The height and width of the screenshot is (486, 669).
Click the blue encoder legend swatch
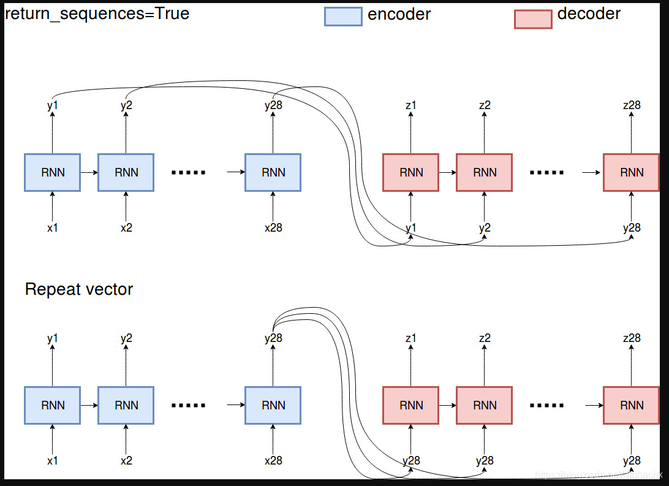coord(343,17)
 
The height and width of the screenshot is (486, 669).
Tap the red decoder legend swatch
coord(532,18)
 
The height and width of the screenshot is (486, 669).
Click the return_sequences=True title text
coord(97,13)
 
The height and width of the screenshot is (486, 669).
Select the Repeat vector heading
coord(79,289)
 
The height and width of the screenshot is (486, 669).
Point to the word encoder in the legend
coord(399,14)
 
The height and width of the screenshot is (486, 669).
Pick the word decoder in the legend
coord(589,13)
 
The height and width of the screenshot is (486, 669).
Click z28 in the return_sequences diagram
coord(631,105)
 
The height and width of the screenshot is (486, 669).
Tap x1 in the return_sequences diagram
coord(53,228)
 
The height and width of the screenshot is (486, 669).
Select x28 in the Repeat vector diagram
coord(273,461)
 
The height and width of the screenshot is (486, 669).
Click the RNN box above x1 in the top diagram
coord(53,172)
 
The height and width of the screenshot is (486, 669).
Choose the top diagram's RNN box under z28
coord(631,172)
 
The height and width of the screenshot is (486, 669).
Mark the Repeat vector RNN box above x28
coord(273,405)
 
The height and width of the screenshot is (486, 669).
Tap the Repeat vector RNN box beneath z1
coord(411,405)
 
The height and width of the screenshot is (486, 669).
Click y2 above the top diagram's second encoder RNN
coord(126,105)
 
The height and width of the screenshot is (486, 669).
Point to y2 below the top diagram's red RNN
coord(485,228)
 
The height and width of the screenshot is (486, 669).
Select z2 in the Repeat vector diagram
coord(485,338)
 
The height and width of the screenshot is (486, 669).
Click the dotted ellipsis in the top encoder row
coord(189,173)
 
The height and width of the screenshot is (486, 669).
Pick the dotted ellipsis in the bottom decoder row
coord(546,406)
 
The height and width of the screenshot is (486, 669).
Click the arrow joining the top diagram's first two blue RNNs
coord(89,172)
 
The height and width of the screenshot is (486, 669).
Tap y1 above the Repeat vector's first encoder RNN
coord(53,338)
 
